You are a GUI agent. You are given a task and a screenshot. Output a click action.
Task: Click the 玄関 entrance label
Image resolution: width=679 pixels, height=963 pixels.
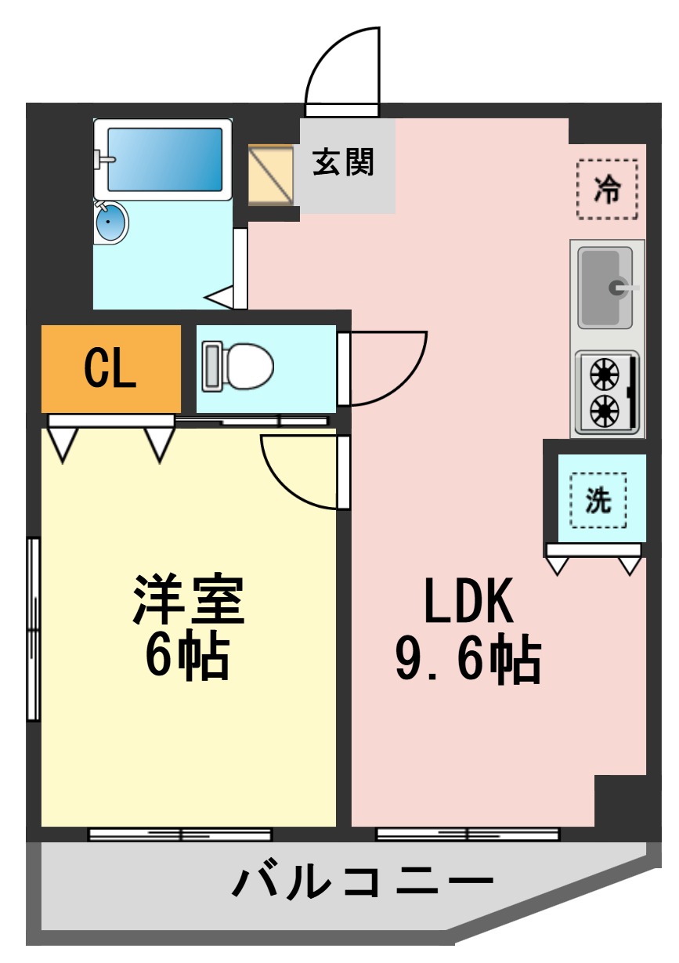tap(344, 162)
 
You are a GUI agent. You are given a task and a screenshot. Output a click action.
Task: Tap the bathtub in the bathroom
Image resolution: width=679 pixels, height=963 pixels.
tap(164, 159)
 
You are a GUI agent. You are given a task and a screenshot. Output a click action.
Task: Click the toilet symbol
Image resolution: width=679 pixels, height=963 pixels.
tap(238, 366)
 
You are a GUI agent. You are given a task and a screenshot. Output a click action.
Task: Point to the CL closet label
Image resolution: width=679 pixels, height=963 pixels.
tap(110, 368)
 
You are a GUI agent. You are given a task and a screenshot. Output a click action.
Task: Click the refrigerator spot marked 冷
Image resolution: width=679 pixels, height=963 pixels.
tap(607, 190)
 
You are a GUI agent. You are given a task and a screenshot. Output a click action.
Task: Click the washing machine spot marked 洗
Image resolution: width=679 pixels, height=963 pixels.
tap(598, 500)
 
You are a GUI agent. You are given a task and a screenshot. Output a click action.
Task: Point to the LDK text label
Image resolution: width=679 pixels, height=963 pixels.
tap(468, 601)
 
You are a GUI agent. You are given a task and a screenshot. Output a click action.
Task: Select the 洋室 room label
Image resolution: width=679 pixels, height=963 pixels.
tap(189, 599)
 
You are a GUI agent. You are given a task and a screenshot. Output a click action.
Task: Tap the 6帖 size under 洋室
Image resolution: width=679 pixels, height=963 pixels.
tap(187, 657)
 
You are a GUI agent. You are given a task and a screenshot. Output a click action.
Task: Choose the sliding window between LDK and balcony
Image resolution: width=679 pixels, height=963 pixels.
tap(468, 834)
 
